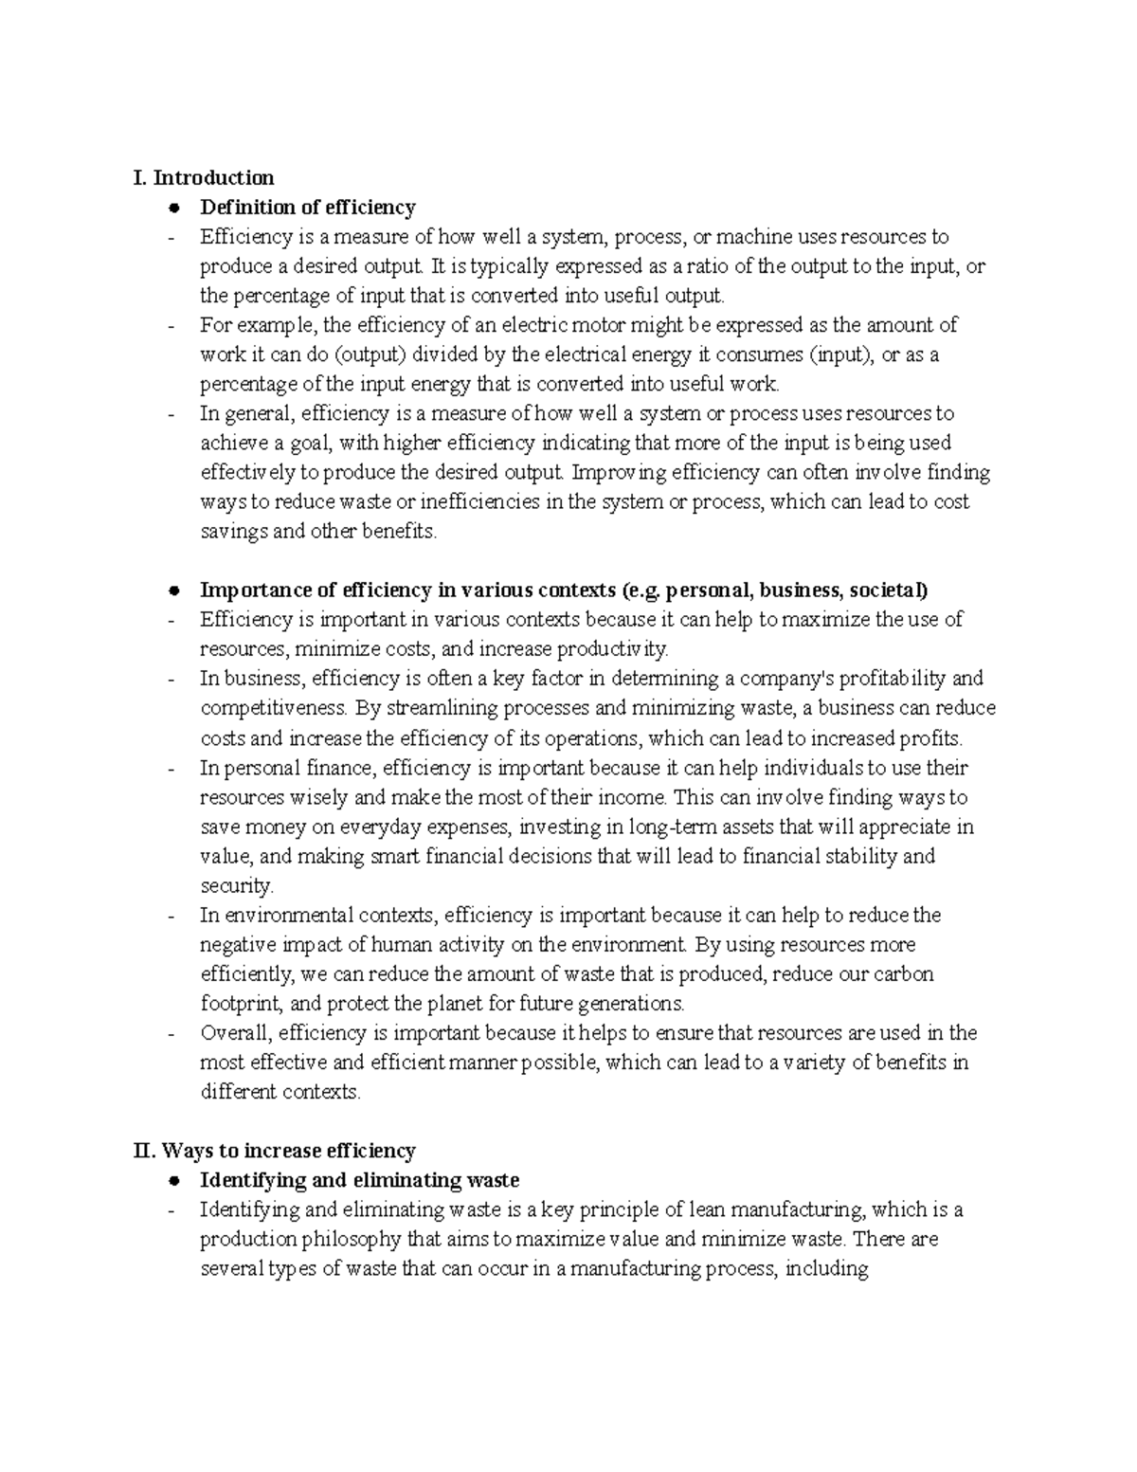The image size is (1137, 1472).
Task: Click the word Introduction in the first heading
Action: (x=214, y=177)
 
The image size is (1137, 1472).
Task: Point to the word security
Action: (x=235, y=886)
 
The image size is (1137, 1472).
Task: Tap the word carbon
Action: (x=904, y=974)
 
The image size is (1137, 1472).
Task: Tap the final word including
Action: (x=823, y=1269)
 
